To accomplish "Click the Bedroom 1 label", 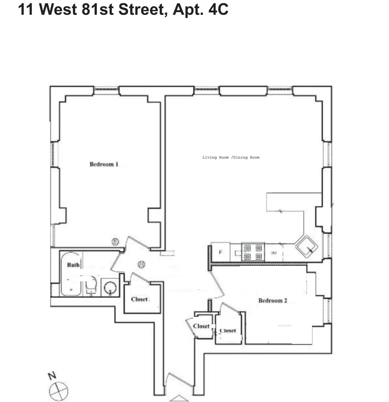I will click(x=104, y=164).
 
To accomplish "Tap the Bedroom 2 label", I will click(x=273, y=301).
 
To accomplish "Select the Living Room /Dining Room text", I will click(x=231, y=157).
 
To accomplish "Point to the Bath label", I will click(x=73, y=265).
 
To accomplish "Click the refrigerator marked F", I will click(x=220, y=253).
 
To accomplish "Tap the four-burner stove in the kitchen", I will click(x=253, y=252).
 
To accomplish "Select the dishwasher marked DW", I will click(x=274, y=253).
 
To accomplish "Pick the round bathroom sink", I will click(x=110, y=288).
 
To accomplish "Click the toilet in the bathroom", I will click(x=91, y=285).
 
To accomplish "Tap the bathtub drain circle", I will click(x=71, y=289).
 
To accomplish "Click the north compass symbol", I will click(x=59, y=390).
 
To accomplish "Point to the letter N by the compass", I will click(x=52, y=376).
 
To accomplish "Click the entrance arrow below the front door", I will click(x=179, y=398).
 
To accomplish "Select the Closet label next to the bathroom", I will click(x=139, y=299).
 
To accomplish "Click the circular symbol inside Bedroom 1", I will click(x=115, y=242).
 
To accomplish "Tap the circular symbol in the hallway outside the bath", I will click(x=141, y=264).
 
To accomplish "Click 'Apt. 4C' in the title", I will click(x=200, y=9).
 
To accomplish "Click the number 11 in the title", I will click(x=26, y=9).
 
